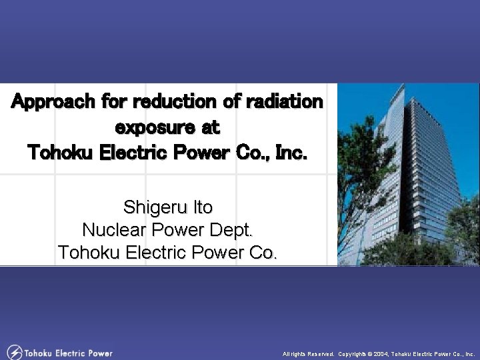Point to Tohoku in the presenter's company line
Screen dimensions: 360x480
91,253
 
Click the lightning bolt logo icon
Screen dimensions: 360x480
14,352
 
